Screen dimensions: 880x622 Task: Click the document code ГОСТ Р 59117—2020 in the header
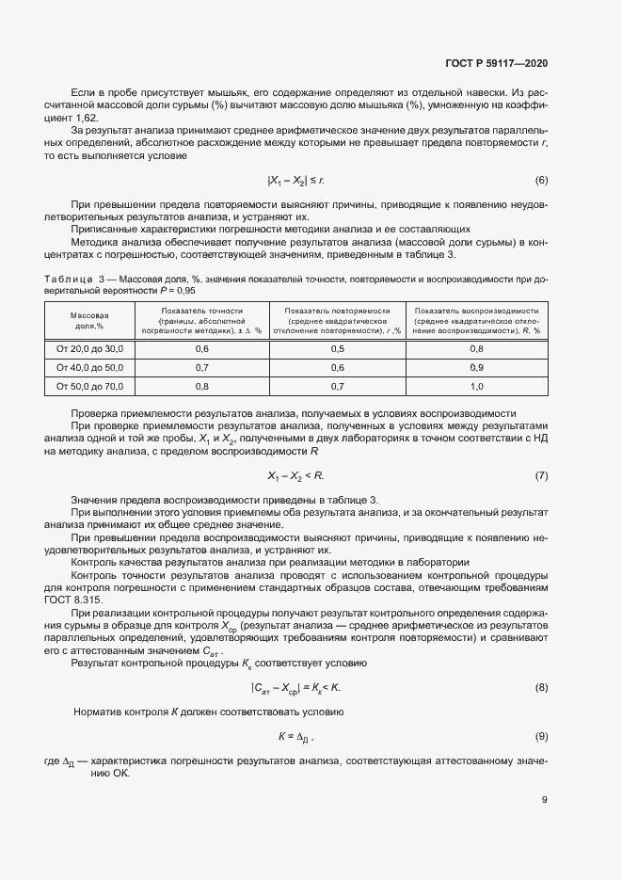point(497,64)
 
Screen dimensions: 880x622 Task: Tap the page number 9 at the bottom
point(545,801)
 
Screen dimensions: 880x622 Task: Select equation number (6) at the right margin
point(542,180)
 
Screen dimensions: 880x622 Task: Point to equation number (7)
point(542,475)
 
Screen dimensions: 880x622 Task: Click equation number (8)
point(542,688)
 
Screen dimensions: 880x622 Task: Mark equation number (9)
point(542,735)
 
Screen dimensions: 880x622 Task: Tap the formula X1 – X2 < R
point(295,475)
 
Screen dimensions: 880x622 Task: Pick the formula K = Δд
point(295,735)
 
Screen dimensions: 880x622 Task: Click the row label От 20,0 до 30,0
point(89,348)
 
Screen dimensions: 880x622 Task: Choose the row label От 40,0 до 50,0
point(89,367)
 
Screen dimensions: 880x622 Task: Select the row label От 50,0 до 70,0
point(89,386)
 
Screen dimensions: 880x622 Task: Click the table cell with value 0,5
point(338,348)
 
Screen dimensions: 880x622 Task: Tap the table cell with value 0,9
point(476,367)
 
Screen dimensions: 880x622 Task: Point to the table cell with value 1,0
point(476,386)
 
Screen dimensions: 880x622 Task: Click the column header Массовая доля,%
point(89,320)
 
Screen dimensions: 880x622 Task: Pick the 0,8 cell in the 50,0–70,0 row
point(201,386)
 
